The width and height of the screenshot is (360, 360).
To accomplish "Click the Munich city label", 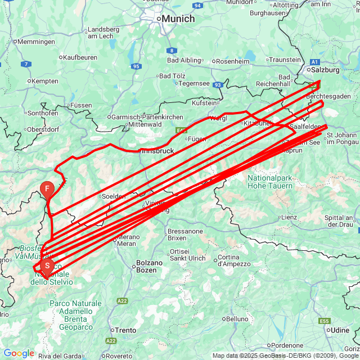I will (x=178, y=19).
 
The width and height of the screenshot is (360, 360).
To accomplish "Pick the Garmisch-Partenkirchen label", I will (x=147, y=116).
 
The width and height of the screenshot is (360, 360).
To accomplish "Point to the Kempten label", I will (x=45, y=81).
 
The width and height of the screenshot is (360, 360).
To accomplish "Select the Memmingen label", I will (x=36, y=42).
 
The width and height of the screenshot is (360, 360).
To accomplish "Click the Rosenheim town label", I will (x=233, y=61).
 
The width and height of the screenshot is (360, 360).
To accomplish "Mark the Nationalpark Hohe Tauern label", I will (x=270, y=182).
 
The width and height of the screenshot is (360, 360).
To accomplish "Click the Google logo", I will (x=19, y=353).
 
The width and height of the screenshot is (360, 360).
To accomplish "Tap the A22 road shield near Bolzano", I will (x=123, y=301).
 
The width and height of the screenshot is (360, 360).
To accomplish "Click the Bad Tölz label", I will (x=172, y=76).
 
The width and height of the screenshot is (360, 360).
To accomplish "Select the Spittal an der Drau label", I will (x=338, y=221).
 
